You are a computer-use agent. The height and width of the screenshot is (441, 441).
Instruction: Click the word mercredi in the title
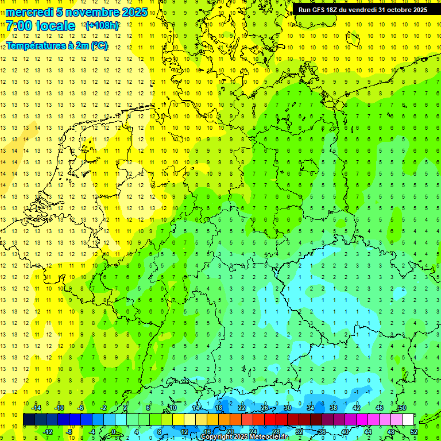[30, 12]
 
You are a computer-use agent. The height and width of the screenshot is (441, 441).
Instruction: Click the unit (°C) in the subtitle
[99, 45]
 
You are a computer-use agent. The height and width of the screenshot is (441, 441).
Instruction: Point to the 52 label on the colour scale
[413, 432]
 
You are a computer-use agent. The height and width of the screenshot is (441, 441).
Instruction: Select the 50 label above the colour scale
[402, 408]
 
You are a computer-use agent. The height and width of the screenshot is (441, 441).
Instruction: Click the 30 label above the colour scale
[287, 408]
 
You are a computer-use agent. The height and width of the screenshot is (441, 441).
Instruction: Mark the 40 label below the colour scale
[345, 432]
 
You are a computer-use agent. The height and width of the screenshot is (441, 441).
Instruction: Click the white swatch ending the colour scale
[408, 420]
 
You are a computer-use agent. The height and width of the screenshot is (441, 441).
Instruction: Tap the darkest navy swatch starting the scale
[29, 420]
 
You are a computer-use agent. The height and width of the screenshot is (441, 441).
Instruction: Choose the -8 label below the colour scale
[69, 432]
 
